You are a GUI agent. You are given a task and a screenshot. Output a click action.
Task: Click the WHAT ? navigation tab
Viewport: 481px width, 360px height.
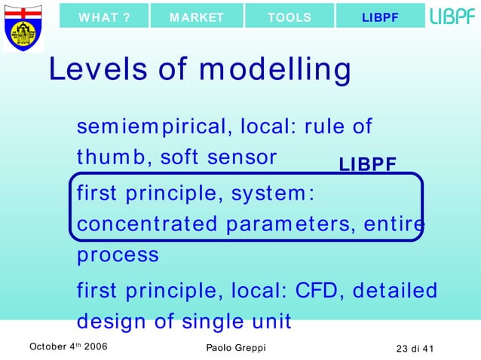tap(104, 17)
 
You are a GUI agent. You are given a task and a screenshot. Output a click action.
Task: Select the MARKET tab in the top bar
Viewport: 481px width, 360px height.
tap(197, 17)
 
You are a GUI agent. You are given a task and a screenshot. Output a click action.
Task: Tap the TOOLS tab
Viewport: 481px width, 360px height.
tap(289, 17)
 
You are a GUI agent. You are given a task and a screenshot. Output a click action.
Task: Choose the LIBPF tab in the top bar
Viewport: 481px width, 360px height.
tap(380, 17)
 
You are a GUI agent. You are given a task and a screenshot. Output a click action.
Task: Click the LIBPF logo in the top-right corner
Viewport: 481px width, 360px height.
tap(452, 17)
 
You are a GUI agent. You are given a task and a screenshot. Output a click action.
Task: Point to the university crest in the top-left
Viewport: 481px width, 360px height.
tap(23, 26)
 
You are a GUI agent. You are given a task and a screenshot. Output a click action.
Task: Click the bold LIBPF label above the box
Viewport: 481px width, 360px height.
tap(368, 165)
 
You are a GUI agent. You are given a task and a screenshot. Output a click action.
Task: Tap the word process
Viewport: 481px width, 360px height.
tap(118, 255)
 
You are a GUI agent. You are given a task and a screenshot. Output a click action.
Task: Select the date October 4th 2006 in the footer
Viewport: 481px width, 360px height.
tap(68, 346)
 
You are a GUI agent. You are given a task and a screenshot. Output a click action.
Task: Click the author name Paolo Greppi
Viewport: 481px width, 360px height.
tap(235, 347)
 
